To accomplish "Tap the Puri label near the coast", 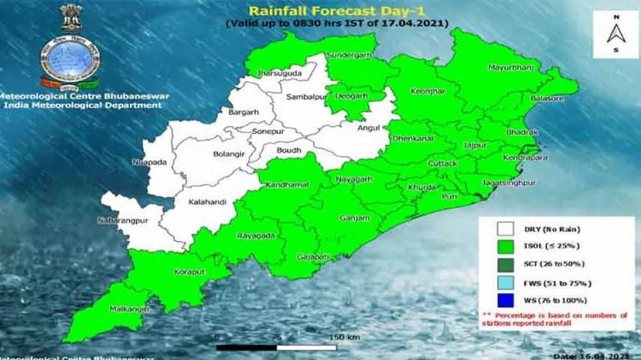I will (449, 195).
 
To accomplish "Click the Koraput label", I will (185, 274).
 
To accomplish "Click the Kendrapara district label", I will (525, 159).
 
